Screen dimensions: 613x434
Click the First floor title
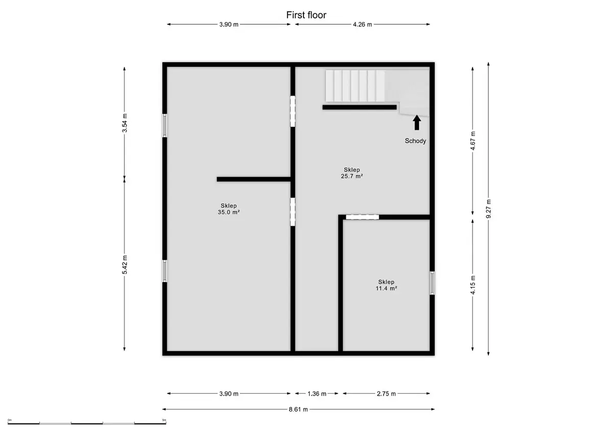(306, 15)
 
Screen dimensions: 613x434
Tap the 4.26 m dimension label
(362, 25)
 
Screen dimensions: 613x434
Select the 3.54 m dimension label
(125, 123)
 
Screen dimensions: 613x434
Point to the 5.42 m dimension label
(125, 264)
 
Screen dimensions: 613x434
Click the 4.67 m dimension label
(473, 141)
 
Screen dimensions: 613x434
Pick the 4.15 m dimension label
(473, 285)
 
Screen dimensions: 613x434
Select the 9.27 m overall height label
(488, 209)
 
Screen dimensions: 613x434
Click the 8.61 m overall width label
(298, 409)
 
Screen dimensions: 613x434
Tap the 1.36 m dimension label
(317, 394)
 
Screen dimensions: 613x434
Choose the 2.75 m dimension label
(386, 394)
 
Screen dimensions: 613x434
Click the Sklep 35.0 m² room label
(229, 209)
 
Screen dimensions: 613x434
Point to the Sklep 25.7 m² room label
(352, 173)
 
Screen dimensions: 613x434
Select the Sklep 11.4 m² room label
(386, 285)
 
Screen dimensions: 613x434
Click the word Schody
(415, 141)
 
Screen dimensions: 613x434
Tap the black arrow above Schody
(417, 122)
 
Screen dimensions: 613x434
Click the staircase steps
(355, 86)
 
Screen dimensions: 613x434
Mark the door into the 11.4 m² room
(362, 217)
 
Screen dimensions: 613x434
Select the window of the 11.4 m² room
(432, 283)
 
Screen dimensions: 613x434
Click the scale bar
(87, 423)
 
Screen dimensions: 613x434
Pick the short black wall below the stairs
(360, 107)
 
